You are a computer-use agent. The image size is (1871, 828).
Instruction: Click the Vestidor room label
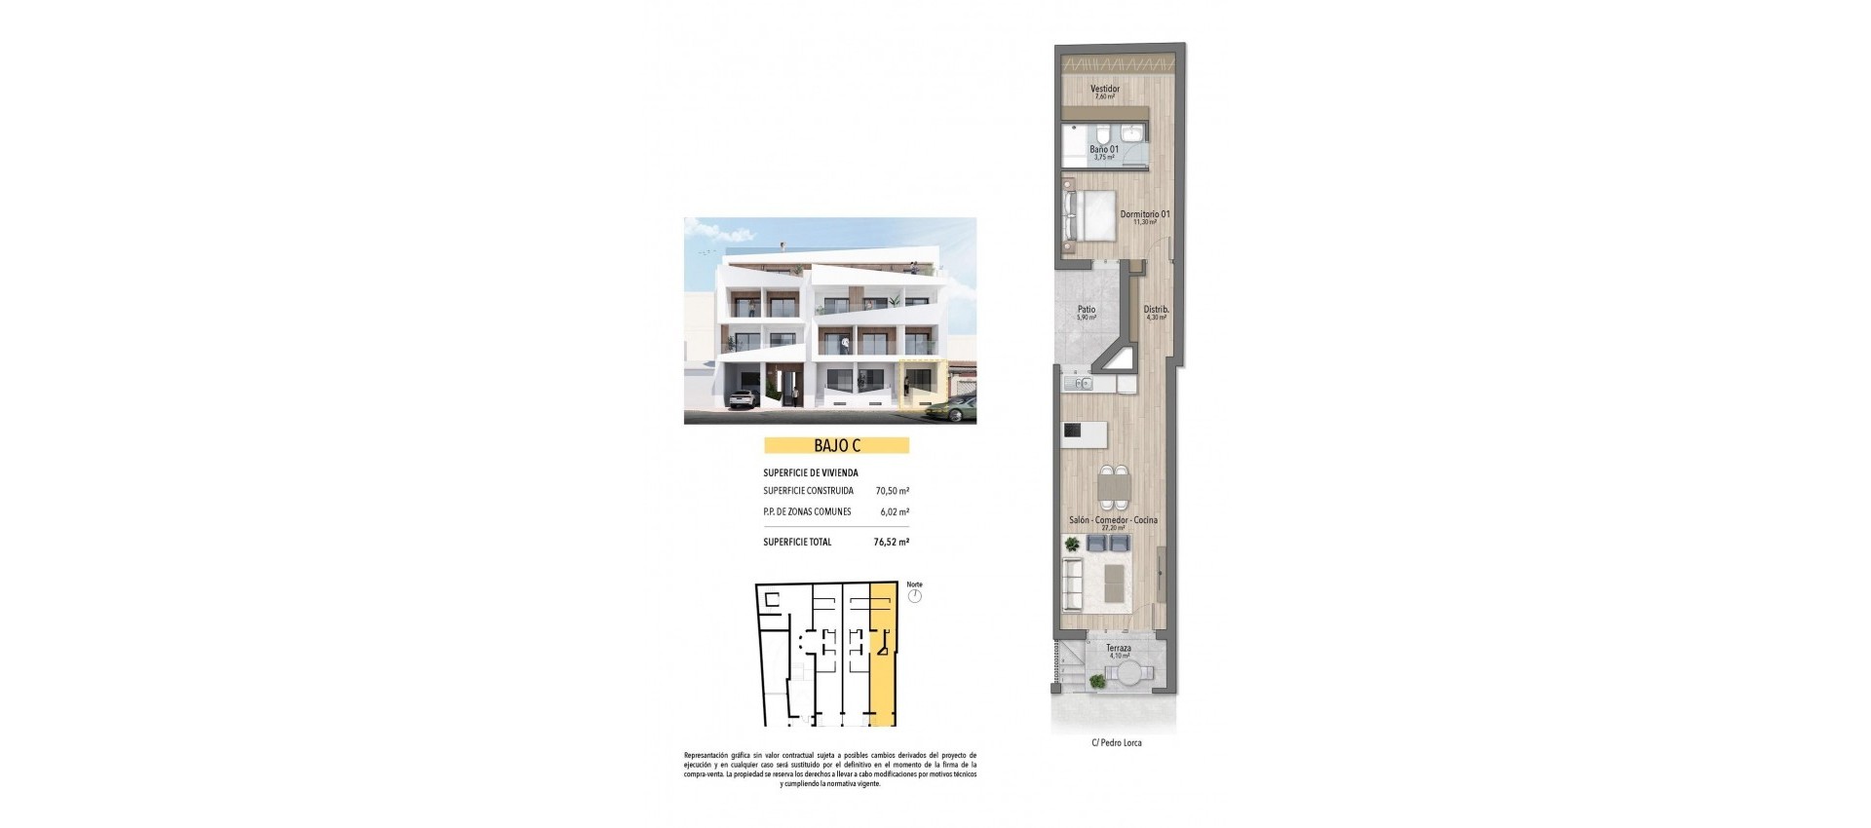pyautogui.click(x=1105, y=90)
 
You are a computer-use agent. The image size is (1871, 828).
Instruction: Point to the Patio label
pyautogui.click(x=1086, y=311)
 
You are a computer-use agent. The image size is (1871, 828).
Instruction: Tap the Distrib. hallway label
pyautogui.click(x=1156, y=311)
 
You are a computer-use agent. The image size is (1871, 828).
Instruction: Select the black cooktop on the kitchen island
pyautogui.click(x=1072, y=431)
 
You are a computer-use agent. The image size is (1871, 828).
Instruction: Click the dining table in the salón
pyautogui.click(x=1114, y=486)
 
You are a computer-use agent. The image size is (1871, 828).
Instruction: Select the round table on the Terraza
pyautogui.click(x=1129, y=673)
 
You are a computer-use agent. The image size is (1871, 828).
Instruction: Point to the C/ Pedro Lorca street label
pyautogui.click(x=1117, y=743)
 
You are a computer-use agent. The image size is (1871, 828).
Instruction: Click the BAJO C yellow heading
pyautogui.click(x=836, y=446)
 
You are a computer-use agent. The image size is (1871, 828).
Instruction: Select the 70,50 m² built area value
pyautogui.click(x=892, y=491)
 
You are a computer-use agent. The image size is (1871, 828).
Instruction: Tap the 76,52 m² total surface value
pyautogui.click(x=891, y=542)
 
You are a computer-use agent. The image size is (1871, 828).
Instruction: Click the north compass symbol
pyautogui.click(x=914, y=596)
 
